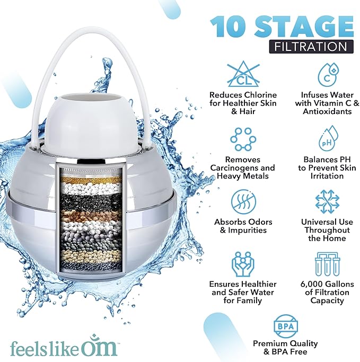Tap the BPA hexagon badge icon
pyautogui.click(x=285, y=325)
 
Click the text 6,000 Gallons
pyautogui.click(x=328, y=284)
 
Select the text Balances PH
pyautogui.click(x=328, y=159)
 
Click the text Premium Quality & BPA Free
pyautogui.click(x=285, y=347)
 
